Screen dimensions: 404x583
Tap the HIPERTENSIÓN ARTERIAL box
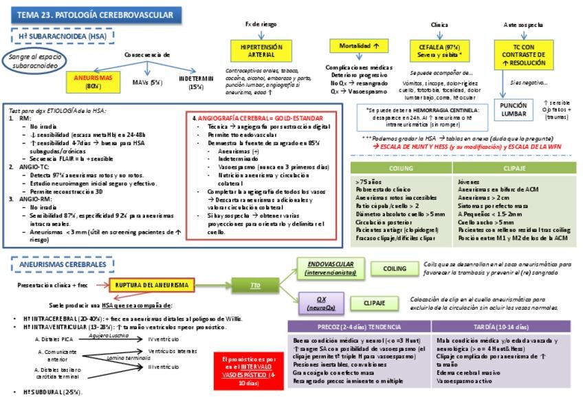tap(261, 52)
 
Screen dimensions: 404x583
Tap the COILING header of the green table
tap(401, 167)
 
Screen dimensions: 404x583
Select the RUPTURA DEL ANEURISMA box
tap(153, 285)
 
